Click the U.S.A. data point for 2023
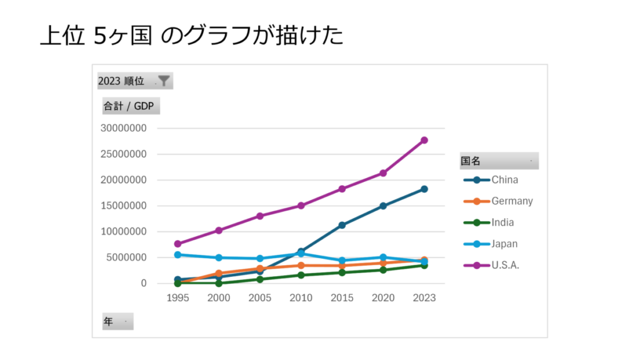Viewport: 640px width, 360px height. [x=424, y=140]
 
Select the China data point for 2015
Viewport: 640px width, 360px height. [x=342, y=225]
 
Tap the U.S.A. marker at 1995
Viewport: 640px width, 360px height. [x=177, y=244]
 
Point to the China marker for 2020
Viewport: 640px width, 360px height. [x=383, y=206]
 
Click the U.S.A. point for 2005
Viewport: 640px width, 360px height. [x=260, y=216]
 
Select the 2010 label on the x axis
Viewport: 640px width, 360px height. [x=301, y=298]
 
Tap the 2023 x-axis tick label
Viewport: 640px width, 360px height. [x=424, y=298]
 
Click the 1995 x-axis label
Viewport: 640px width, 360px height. [x=177, y=298]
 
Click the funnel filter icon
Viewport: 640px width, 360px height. [x=164, y=81]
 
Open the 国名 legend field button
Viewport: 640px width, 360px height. [x=499, y=161]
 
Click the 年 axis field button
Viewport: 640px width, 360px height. [x=117, y=321]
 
